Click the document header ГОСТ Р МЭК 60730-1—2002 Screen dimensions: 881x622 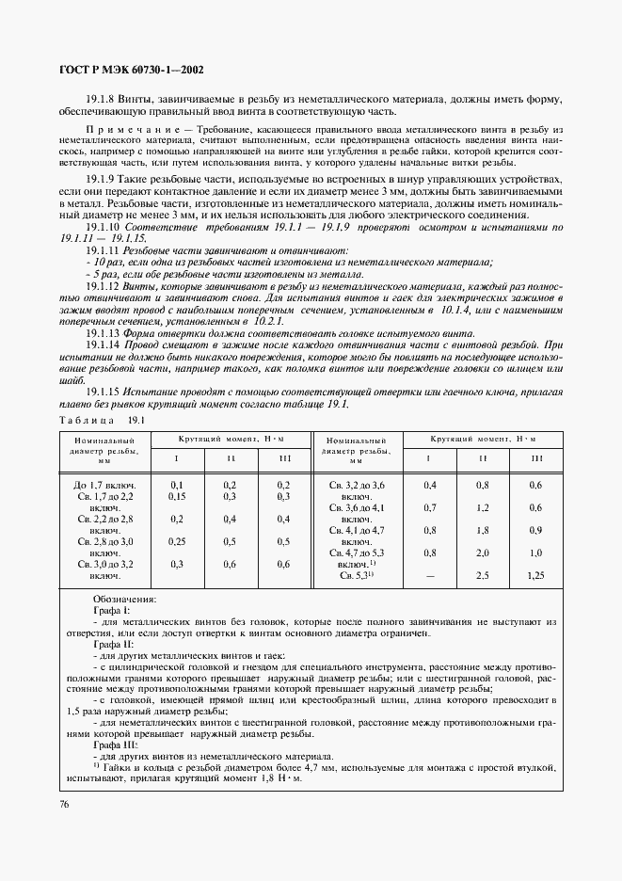(x=127, y=69)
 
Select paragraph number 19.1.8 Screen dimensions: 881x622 (x=100, y=99)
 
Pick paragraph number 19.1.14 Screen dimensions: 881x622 (x=102, y=346)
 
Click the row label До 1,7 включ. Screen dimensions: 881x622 (x=104, y=484)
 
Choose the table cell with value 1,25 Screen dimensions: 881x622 (x=537, y=574)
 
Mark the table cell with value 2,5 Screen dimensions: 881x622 (x=483, y=574)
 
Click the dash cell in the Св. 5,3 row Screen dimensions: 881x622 (x=429, y=574)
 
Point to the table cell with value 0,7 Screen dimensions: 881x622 (x=429, y=506)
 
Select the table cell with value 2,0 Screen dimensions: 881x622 (x=483, y=553)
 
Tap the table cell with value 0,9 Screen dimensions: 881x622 (x=537, y=529)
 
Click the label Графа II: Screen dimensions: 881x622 (x=112, y=645)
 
